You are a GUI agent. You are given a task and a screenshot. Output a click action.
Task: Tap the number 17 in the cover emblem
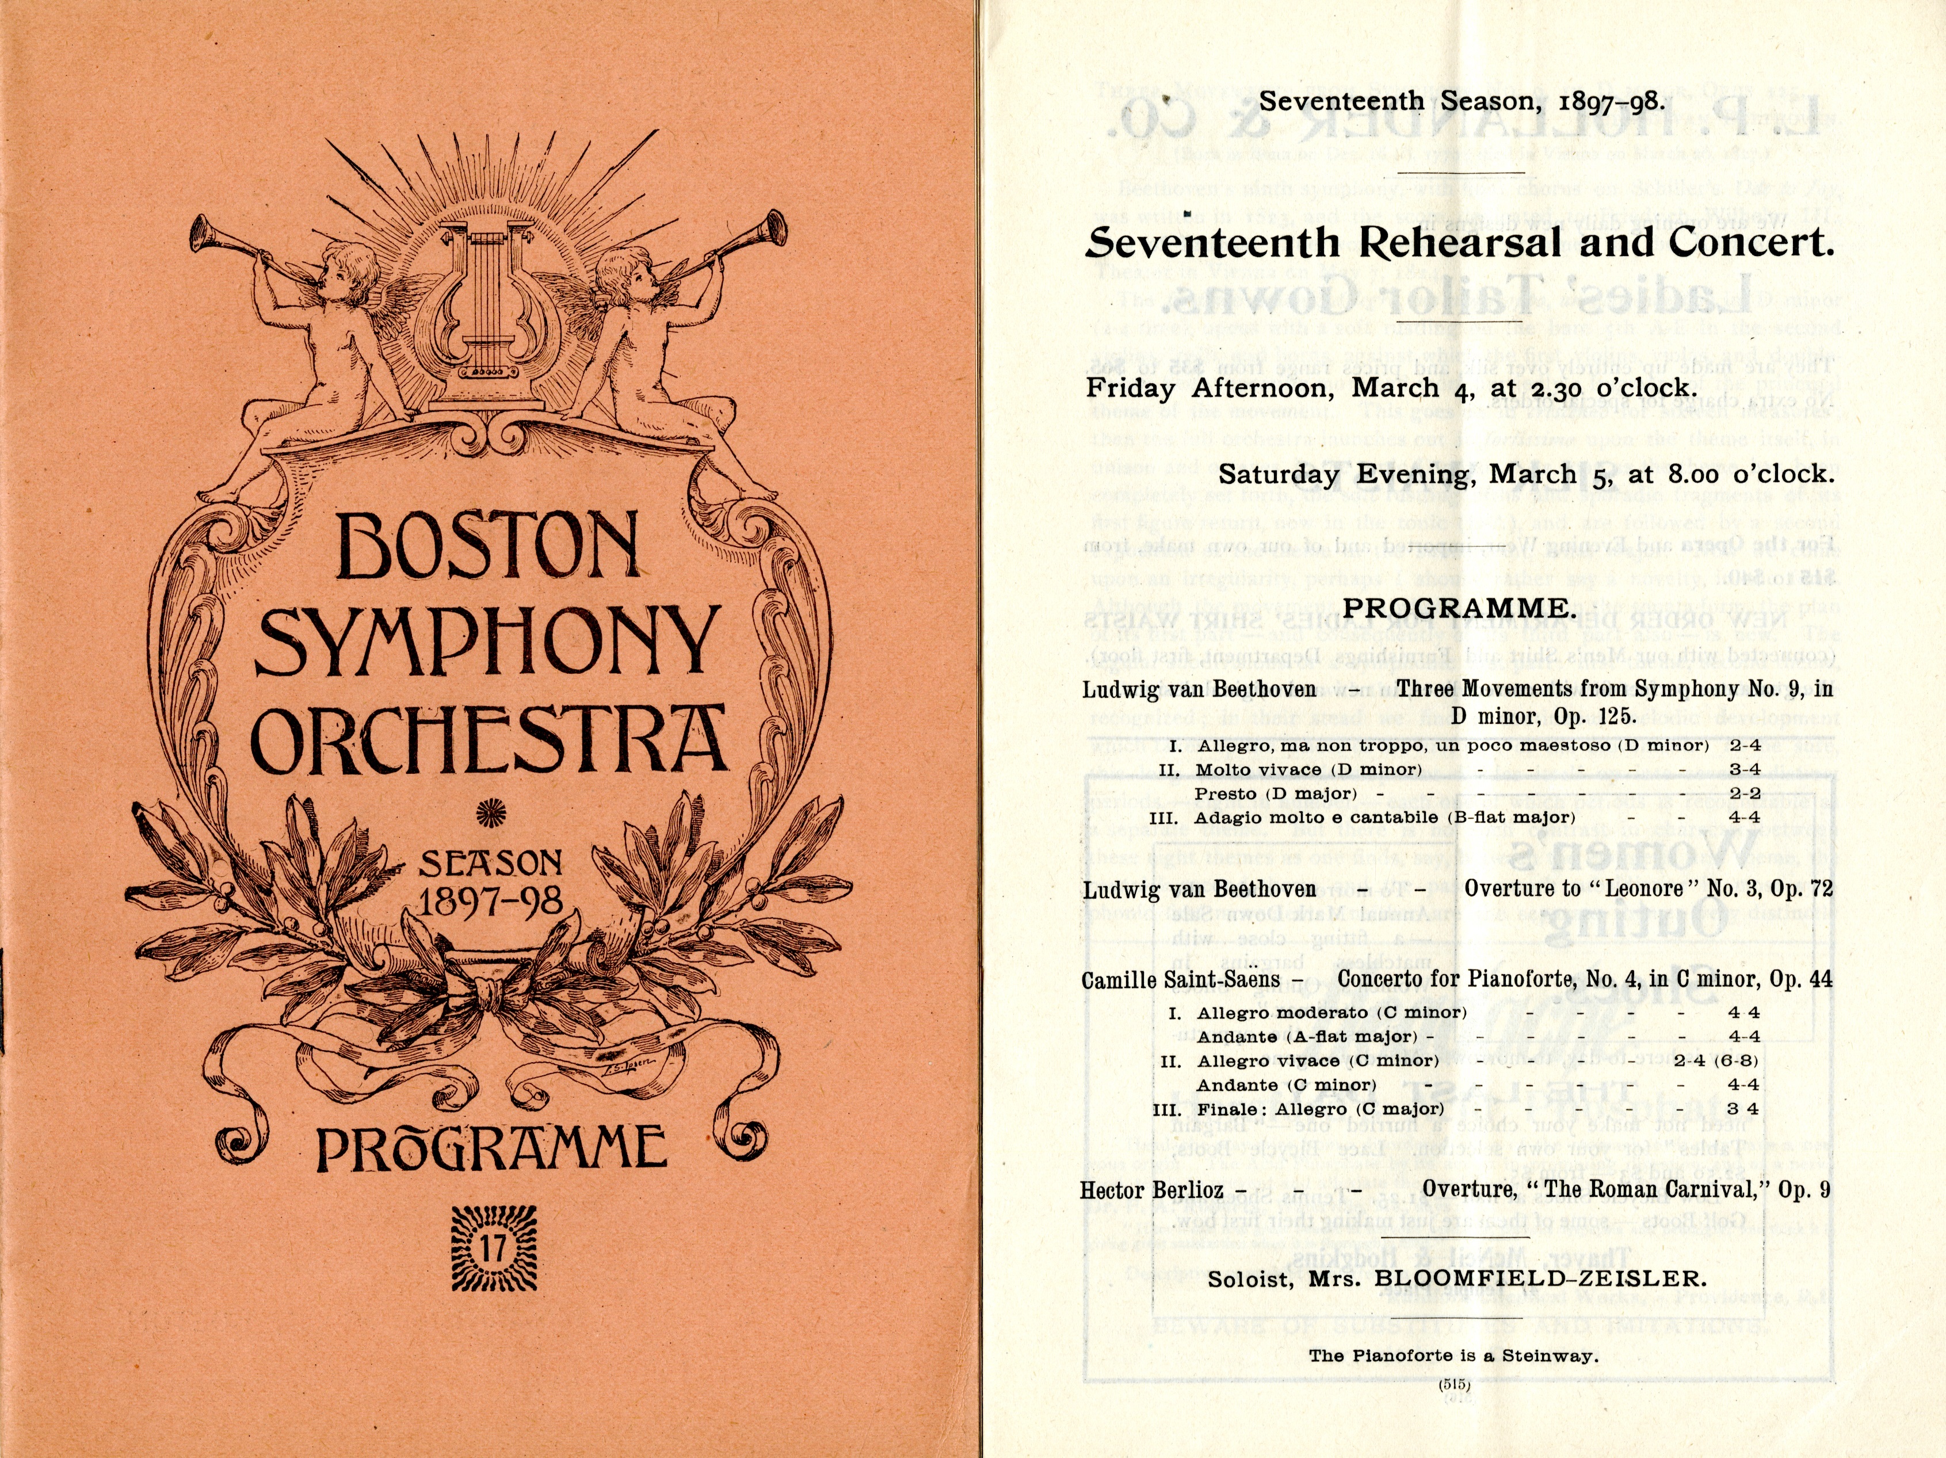[x=492, y=1250]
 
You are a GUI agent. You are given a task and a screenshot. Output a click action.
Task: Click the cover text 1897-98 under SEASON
[x=491, y=902]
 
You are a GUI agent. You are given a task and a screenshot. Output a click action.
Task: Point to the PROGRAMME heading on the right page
[x=1457, y=608]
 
